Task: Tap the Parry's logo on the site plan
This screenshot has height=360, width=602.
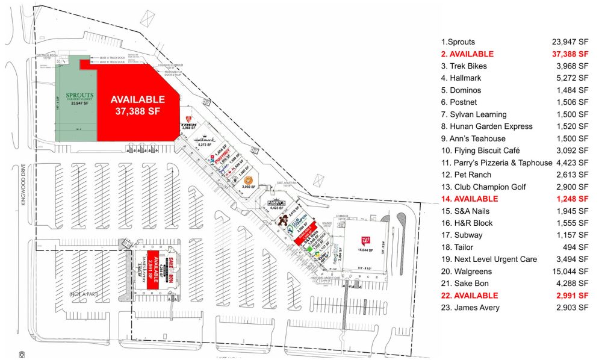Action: pos(276,203)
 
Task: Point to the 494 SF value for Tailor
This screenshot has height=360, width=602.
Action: pos(577,247)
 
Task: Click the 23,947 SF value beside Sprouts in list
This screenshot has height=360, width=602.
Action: pos(570,42)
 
